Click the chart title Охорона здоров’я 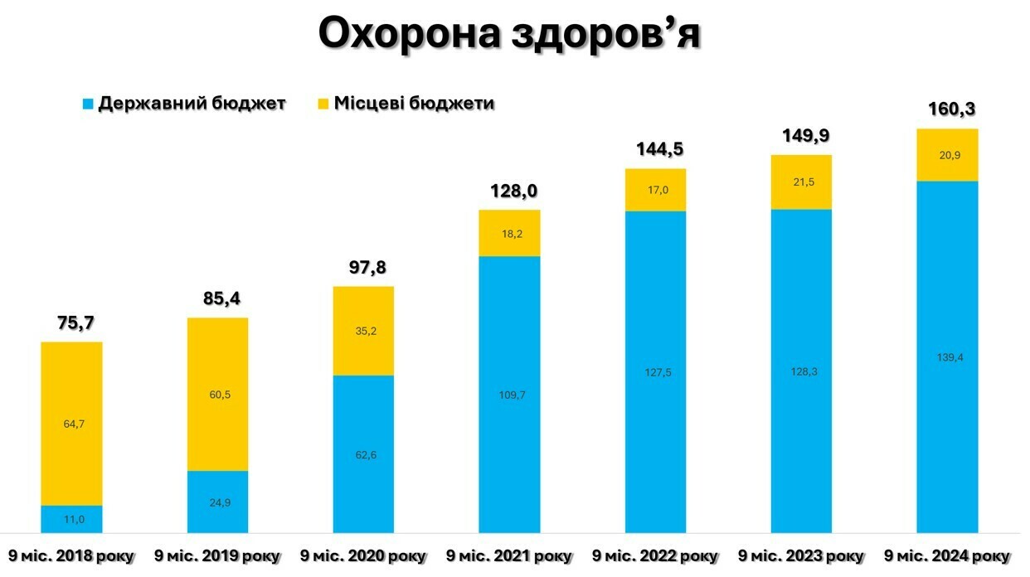(509, 35)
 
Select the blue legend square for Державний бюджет (87, 104)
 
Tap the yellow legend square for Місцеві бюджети (323, 104)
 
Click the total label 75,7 (71, 322)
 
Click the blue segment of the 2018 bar (71, 519)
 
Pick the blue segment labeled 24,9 (217, 502)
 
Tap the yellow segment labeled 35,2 (363, 332)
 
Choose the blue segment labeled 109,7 (509, 395)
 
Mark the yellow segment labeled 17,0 (655, 190)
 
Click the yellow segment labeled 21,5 (801, 182)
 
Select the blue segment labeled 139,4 (947, 356)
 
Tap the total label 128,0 (509, 191)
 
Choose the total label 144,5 (655, 149)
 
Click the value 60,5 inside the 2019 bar (217, 395)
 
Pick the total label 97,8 (363, 268)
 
